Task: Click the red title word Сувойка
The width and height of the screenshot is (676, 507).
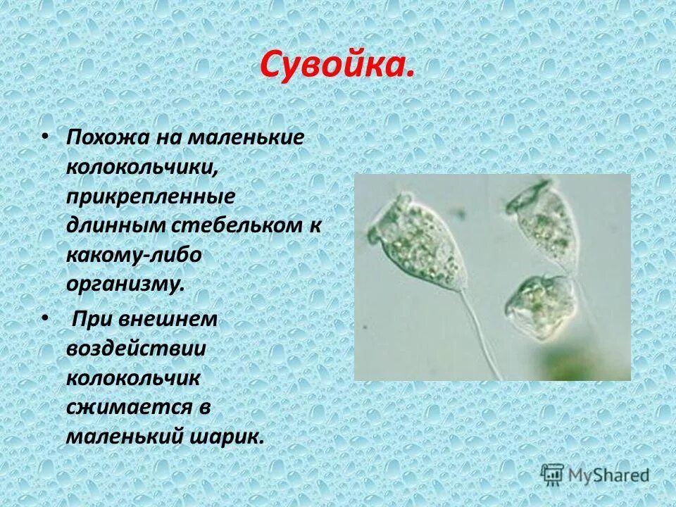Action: tap(336, 65)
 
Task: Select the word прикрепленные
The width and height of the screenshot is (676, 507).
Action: tap(151, 198)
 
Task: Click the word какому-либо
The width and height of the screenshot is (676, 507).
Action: tap(134, 256)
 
